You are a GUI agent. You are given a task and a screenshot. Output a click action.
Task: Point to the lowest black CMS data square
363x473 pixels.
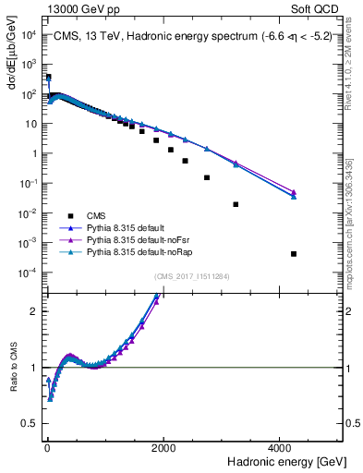coord(294,254)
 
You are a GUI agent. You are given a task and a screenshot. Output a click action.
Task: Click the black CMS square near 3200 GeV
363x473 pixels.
coord(236,204)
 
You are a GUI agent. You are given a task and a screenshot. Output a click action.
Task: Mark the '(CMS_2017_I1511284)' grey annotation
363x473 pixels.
coord(192,275)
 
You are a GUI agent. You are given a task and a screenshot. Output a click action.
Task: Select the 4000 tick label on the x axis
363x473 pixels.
coord(282,446)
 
